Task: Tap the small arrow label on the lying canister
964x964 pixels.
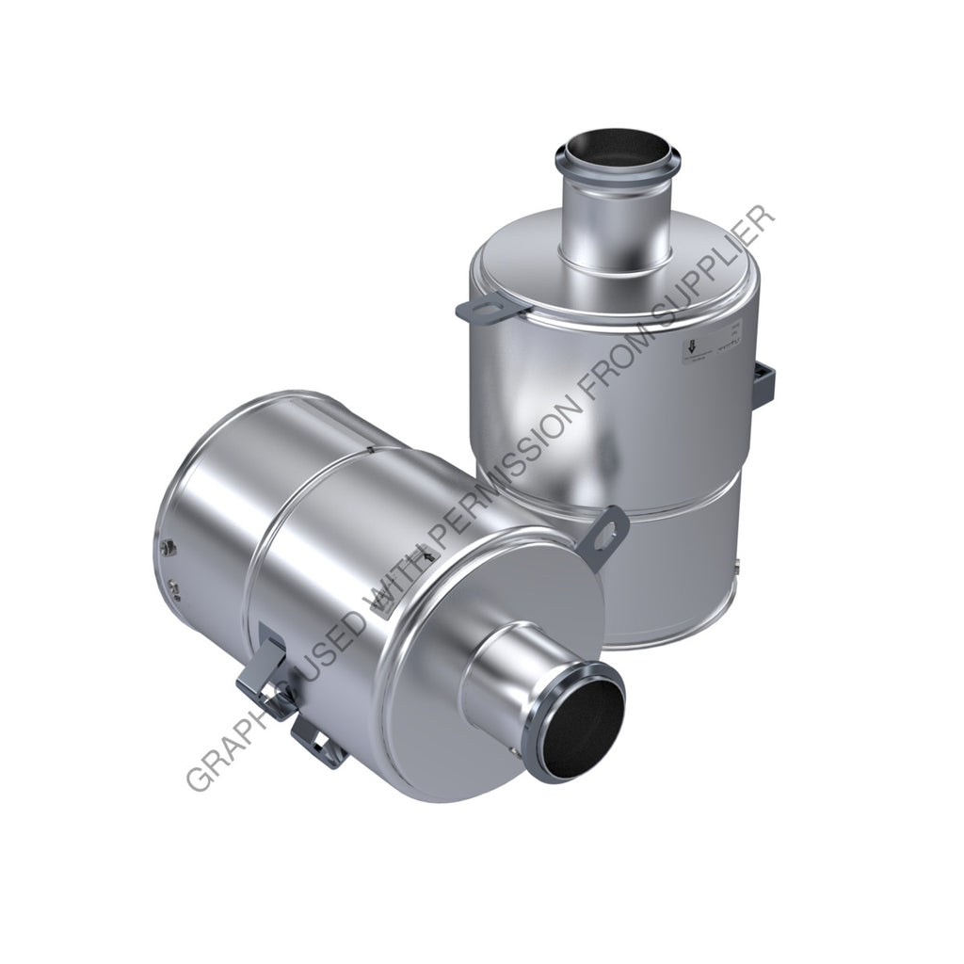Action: pyautogui.click(x=430, y=558)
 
